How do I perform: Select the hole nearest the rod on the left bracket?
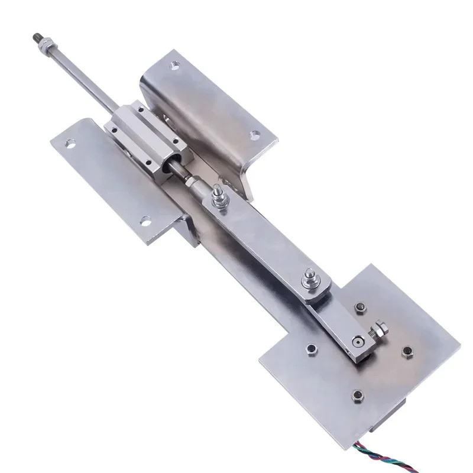70,143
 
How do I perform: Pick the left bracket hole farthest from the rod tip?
144,223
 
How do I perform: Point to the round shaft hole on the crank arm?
357,342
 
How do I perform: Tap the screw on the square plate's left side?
308,348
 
